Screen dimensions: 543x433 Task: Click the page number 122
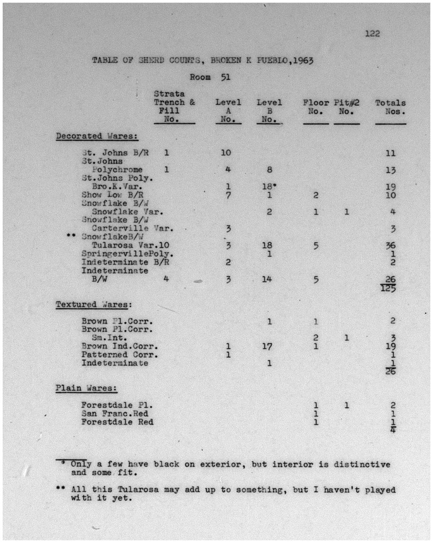[x=372, y=34]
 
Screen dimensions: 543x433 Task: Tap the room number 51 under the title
[x=225, y=77]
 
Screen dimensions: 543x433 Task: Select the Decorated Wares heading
[x=97, y=136]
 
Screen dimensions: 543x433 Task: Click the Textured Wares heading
[x=94, y=305]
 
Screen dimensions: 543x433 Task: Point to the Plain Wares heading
[x=86, y=388]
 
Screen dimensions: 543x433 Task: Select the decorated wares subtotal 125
[x=388, y=288]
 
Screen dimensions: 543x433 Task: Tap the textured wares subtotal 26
[x=390, y=371]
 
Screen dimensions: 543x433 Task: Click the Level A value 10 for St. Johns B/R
[x=226, y=153]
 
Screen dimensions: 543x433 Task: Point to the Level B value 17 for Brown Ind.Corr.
[x=267, y=347]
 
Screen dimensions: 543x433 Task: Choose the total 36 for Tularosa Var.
[x=390, y=246]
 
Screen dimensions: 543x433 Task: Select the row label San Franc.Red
[x=115, y=414]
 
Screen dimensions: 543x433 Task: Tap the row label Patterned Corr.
[x=120, y=355]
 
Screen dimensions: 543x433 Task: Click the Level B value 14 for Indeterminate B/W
[x=267, y=279]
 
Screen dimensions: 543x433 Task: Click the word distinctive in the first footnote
[x=362, y=464]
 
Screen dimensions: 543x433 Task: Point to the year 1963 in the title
[x=302, y=61]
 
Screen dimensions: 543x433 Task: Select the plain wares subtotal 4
[x=392, y=430]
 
